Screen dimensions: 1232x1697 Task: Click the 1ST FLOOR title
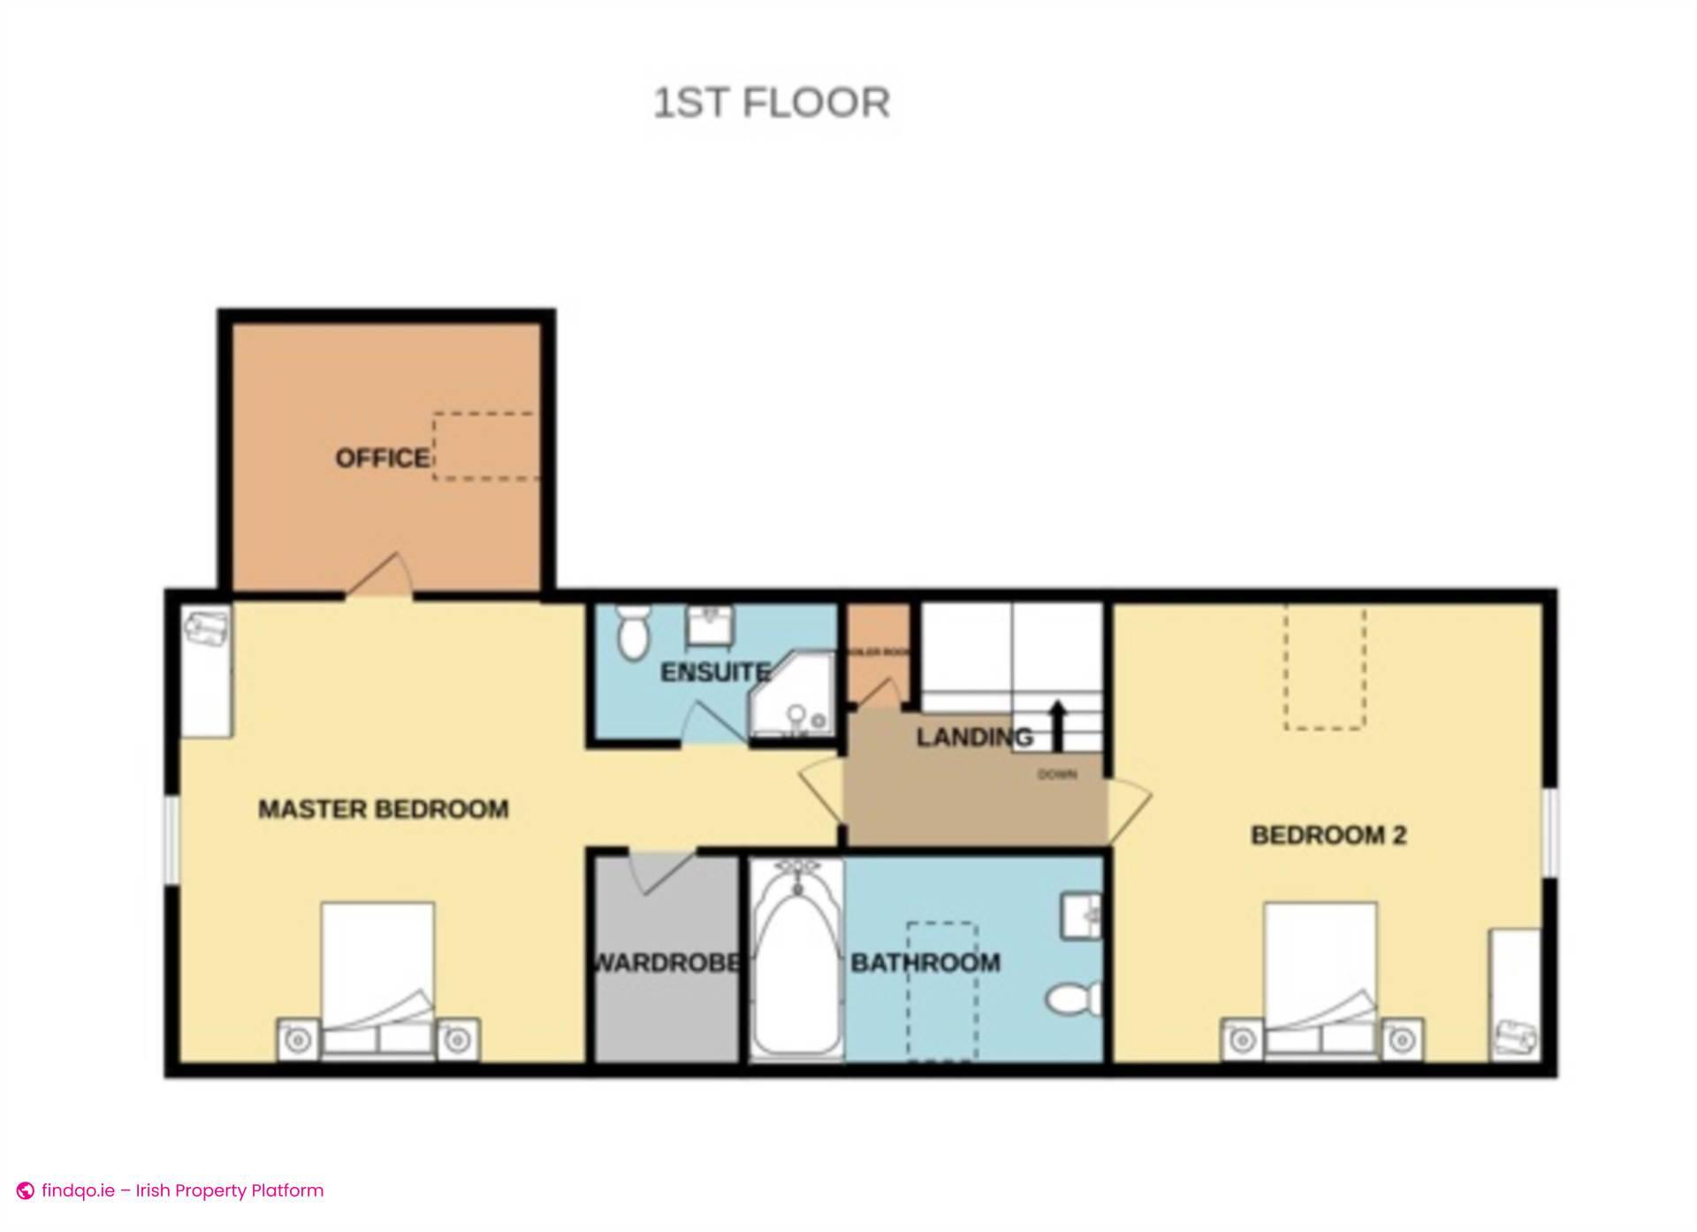771,103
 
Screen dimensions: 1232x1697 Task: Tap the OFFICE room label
382,458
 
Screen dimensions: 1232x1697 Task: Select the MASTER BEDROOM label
383,809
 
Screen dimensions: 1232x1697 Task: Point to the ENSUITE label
715,672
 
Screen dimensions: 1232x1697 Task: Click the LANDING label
974,737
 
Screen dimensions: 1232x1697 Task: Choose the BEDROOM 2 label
1328,835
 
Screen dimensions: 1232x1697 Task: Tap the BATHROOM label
925,962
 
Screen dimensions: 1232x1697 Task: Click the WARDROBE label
666,962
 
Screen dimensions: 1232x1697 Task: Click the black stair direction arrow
1057,724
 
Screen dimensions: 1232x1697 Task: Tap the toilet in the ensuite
631,632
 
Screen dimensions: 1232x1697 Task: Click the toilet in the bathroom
1075,999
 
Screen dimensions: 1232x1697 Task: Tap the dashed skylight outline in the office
485,447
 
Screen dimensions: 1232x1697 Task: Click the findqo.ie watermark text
182,1190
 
